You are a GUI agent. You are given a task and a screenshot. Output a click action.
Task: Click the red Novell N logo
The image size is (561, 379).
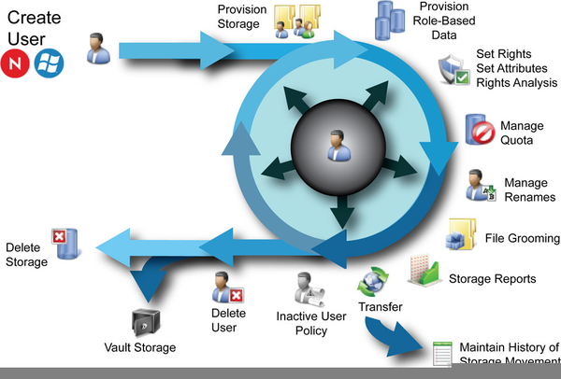coord(16,63)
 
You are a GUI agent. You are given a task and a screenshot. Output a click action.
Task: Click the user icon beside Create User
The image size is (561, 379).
coord(96,49)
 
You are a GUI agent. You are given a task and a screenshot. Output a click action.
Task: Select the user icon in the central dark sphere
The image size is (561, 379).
coord(334,145)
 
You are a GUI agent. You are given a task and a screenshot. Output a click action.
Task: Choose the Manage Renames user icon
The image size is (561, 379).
coord(481,185)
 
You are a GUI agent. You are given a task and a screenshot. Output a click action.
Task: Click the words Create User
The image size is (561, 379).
coord(35,28)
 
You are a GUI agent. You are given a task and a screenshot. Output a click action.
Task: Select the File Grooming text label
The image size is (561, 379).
coord(522,239)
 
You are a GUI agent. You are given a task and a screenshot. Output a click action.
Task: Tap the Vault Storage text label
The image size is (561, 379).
coord(139,349)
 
